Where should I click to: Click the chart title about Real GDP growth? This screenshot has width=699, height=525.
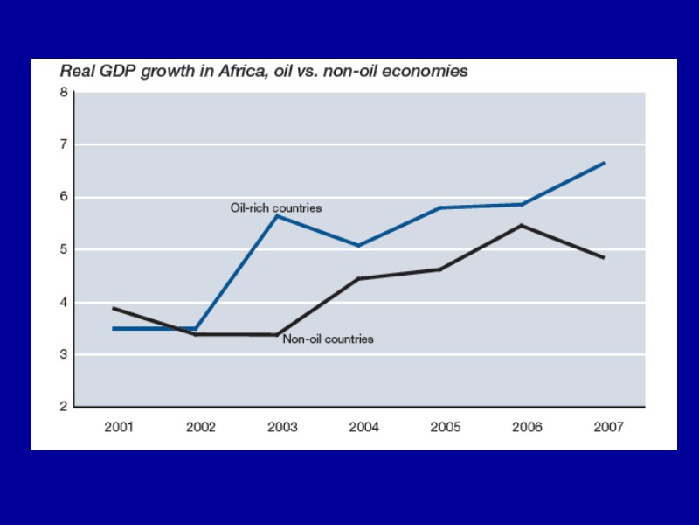pos(263,72)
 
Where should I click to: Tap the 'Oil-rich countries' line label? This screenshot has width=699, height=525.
pos(276,208)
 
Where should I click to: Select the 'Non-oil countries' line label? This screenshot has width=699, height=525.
pos(328,339)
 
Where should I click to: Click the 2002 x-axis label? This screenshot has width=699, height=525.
pos(201,427)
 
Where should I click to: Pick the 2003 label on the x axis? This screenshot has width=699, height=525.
pos(282,427)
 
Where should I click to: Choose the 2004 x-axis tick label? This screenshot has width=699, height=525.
pos(363,427)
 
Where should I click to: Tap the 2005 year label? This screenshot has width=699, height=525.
pos(446,427)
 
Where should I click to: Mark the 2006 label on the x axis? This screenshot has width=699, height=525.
pos(527,427)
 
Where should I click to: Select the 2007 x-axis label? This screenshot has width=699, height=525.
pos(608,427)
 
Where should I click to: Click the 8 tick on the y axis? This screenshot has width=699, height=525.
pos(64,92)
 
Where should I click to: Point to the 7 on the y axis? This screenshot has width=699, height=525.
pos(64,144)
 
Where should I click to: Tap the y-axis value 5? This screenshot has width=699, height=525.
pos(64,249)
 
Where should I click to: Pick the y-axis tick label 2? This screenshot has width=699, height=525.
pos(64,407)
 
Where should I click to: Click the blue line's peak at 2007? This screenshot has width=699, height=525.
pos(604,163)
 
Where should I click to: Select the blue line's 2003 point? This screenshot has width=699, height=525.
pos(277,215)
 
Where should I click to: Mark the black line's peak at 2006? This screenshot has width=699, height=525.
pos(522,226)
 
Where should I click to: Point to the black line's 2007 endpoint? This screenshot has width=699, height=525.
pos(604,257)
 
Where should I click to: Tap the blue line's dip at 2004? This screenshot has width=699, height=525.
pos(358,246)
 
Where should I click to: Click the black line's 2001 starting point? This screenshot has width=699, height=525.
pos(114,308)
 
